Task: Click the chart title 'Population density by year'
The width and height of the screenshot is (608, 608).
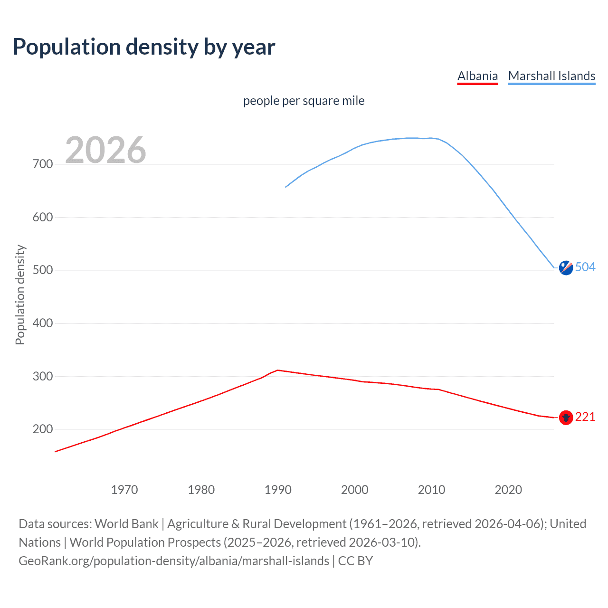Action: click(144, 47)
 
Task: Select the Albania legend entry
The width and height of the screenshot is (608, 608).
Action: click(477, 76)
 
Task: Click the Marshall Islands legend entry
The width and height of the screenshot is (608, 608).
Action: click(551, 76)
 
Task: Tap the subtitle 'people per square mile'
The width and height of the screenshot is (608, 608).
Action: click(304, 101)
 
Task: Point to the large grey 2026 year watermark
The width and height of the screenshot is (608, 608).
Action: click(105, 150)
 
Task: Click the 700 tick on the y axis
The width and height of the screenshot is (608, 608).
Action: click(43, 164)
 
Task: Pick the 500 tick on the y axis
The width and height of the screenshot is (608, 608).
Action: click(43, 270)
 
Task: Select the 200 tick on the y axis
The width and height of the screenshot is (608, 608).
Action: click(43, 429)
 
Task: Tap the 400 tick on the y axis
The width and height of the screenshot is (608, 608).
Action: click(43, 323)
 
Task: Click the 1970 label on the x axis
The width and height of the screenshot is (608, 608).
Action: click(124, 490)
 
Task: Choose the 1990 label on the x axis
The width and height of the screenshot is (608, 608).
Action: click(278, 490)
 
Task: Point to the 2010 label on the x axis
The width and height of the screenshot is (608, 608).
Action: click(431, 490)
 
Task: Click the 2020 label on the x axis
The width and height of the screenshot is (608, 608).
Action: click(508, 490)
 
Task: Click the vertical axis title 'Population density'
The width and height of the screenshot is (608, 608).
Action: click(20, 294)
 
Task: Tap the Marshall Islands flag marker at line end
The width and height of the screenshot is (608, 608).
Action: click(566, 268)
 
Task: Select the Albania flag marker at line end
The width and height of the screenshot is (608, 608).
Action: click(566, 418)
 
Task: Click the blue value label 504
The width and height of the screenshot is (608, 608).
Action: click(585, 267)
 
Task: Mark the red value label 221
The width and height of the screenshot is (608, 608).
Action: click(585, 417)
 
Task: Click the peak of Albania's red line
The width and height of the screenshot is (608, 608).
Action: click(278, 370)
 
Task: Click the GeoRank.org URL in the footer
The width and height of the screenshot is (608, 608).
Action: click(174, 561)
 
